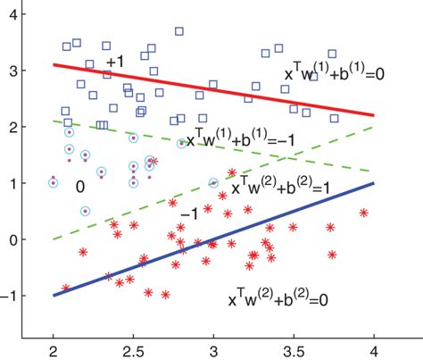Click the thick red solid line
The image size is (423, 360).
click(214, 89)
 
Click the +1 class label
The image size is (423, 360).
click(115, 62)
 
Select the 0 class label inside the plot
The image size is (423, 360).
click(79, 188)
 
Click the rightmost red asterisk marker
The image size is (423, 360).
click(363, 213)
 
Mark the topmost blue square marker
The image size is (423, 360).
click(178, 31)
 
